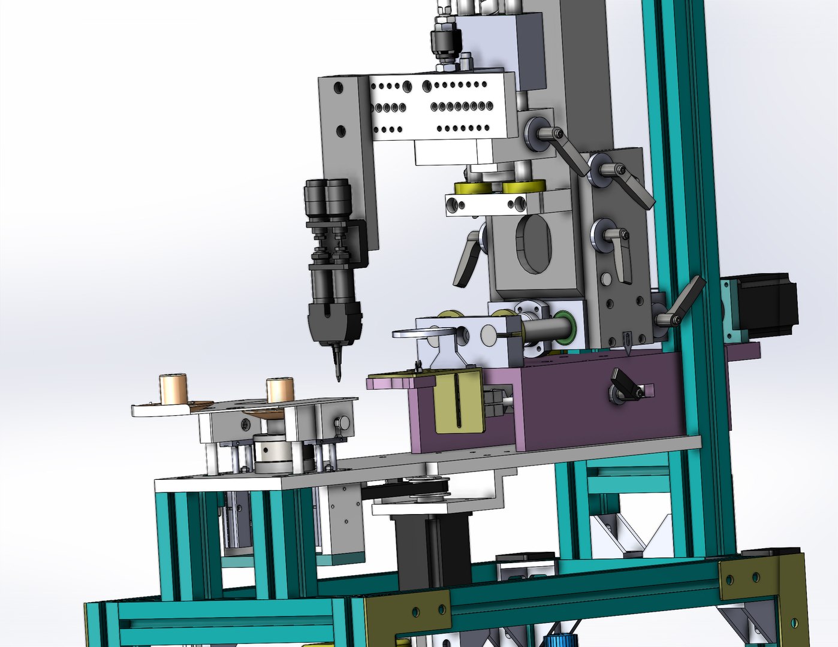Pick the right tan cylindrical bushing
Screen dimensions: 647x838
[x=280, y=391]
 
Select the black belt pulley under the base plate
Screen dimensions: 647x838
[x=425, y=488]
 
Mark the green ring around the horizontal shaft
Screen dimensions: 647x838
[x=565, y=327]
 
